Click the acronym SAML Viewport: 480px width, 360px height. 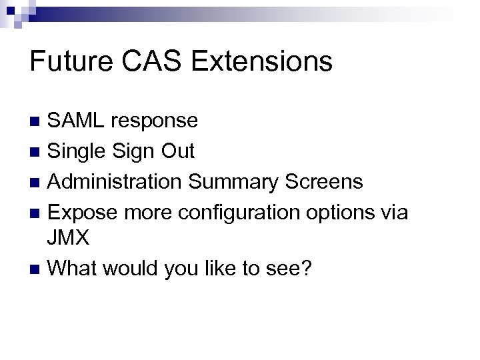click(78, 121)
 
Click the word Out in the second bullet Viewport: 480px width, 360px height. click(178, 151)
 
